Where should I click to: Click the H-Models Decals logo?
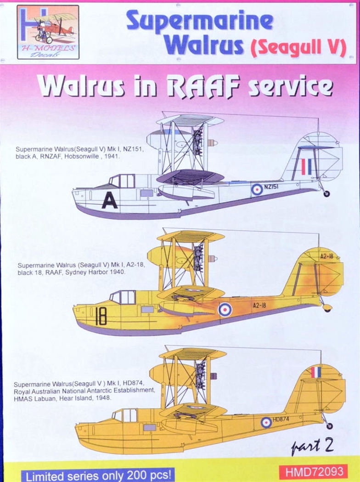click(x=48, y=32)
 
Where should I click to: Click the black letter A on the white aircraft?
click(x=109, y=200)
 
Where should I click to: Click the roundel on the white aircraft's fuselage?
click(x=257, y=189)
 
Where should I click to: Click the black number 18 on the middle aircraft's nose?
click(x=101, y=317)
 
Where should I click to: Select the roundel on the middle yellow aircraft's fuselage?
click(x=225, y=309)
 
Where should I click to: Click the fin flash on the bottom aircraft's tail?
click(x=316, y=372)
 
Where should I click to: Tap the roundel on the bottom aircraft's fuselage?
click(x=266, y=422)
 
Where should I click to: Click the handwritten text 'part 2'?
click(x=312, y=445)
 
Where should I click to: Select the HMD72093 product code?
click(x=313, y=471)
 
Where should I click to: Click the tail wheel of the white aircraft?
click(x=326, y=193)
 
